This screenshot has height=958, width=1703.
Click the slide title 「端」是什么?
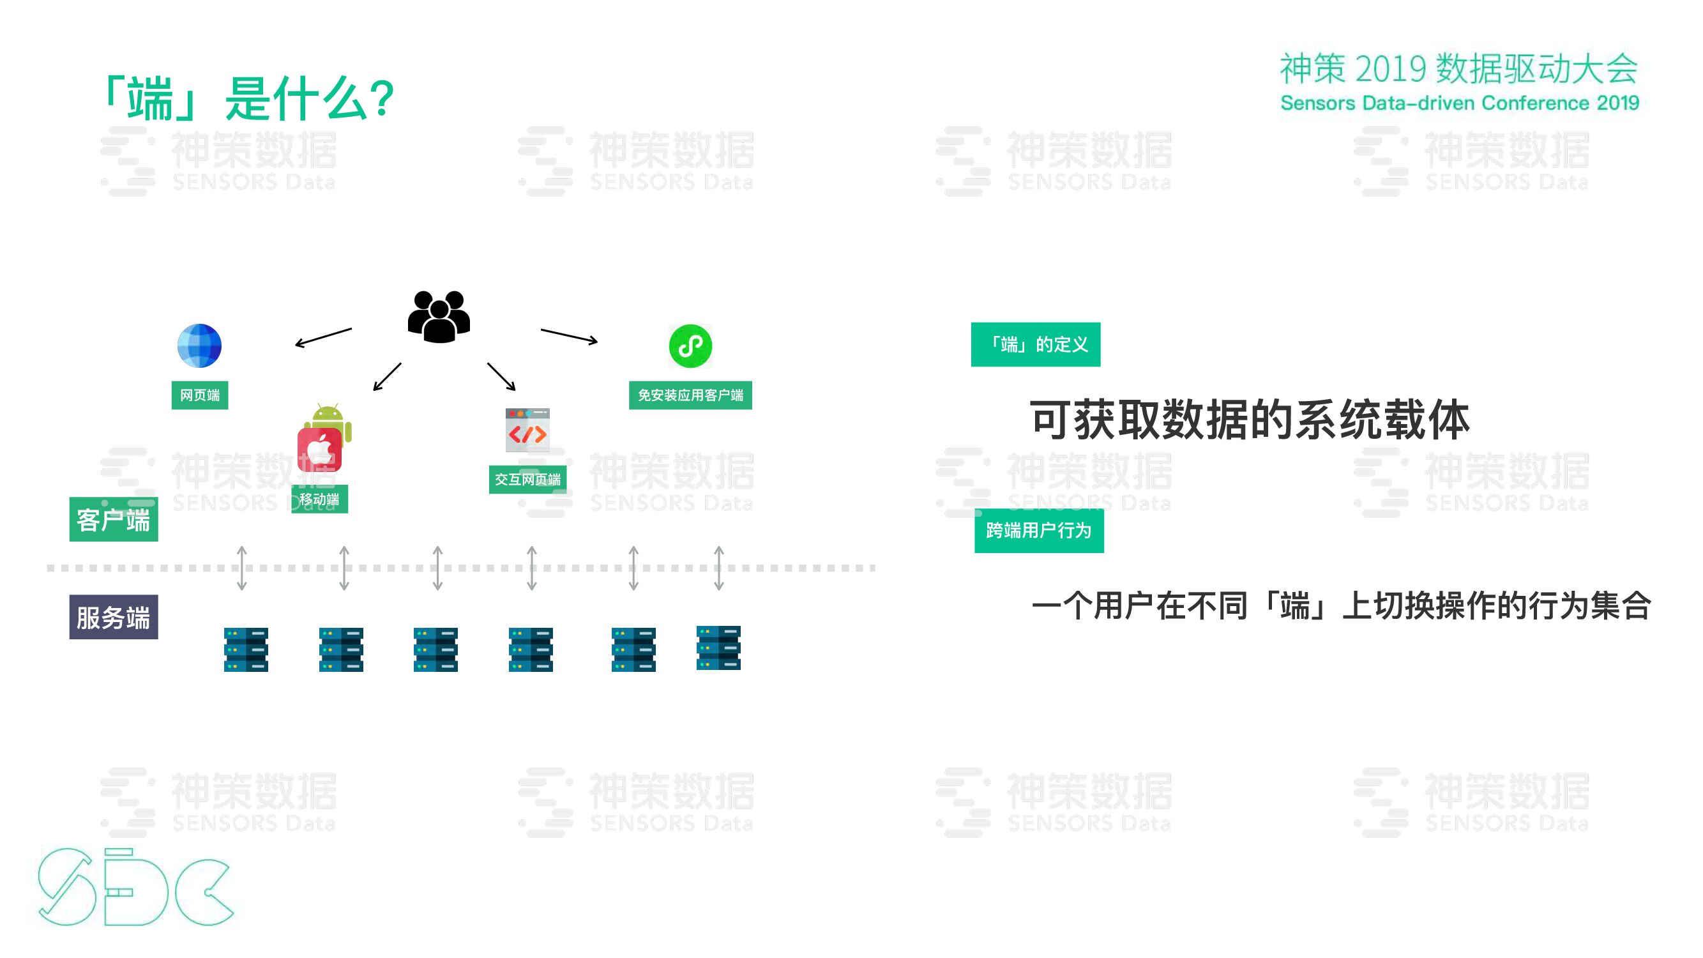tap(248, 99)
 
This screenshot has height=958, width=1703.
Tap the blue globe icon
tap(199, 346)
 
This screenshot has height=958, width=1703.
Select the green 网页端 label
tap(200, 395)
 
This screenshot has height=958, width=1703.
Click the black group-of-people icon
tap(438, 317)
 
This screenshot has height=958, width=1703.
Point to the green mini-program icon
tap(690, 346)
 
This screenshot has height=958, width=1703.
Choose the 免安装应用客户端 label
tap(690, 395)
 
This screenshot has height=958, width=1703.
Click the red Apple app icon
tap(319, 450)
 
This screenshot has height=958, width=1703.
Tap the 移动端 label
tap(319, 499)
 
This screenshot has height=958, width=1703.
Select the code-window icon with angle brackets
tap(527, 430)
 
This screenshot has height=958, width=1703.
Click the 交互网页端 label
tap(527, 480)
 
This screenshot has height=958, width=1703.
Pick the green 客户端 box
tap(114, 520)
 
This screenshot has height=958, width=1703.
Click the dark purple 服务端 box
tap(114, 617)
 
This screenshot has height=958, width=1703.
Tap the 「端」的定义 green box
tap(1035, 344)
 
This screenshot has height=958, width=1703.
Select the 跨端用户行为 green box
tap(1038, 530)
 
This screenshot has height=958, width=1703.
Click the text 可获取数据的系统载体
tap(1250, 419)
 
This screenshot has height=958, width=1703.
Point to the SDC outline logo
tap(135, 886)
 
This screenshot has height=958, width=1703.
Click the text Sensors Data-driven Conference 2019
tap(1459, 103)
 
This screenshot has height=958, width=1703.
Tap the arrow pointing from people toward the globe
tap(323, 337)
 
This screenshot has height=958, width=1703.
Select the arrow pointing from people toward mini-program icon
tap(568, 336)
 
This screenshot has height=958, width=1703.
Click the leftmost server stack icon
tap(246, 650)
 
